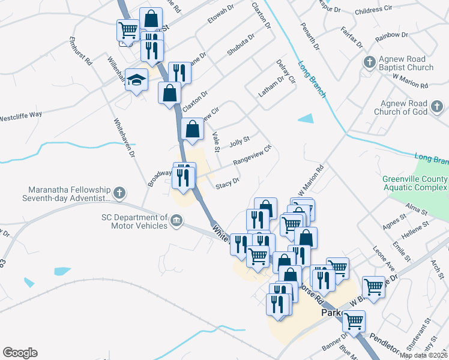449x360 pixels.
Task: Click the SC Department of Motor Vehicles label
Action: [139, 221]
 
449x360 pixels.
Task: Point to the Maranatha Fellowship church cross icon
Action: [120, 193]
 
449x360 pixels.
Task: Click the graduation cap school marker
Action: [137, 80]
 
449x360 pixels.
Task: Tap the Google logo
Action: [20, 353]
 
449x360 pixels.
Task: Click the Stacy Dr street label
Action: [228, 182]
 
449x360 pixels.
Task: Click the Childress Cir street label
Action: [373, 10]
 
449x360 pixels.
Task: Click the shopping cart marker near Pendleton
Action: [353, 322]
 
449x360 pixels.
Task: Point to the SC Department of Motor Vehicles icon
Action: [176, 221]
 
